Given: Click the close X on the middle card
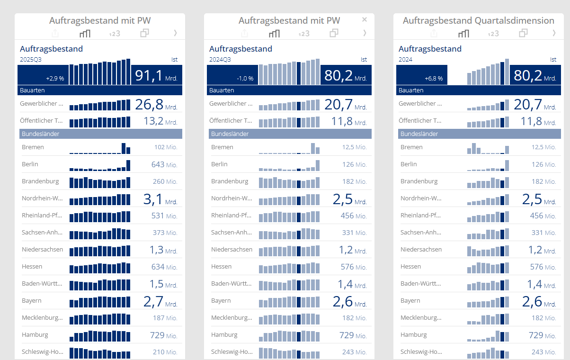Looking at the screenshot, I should [365, 19].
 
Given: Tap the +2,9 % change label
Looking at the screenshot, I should [55, 78].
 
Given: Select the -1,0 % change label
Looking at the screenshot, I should [245, 78].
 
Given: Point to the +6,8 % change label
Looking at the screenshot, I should [434, 78].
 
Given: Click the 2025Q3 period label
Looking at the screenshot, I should [31, 60].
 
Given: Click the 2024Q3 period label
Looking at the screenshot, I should [220, 60].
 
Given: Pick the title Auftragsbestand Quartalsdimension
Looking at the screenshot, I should [478, 20].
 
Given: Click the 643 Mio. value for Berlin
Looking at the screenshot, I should [164, 164].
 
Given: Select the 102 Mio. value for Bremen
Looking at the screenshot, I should [166, 147].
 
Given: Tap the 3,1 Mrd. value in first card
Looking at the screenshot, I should [160, 199].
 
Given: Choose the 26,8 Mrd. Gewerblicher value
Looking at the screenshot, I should [156, 105].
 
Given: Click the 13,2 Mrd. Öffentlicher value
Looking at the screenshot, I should [160, 121].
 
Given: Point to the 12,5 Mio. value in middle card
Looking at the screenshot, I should [354, 147].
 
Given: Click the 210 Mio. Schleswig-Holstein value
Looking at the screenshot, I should [165, 352].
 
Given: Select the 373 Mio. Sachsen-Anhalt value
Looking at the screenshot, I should [165, 233].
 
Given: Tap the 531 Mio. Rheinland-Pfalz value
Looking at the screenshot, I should [165, 216].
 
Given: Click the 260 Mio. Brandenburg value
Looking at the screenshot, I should [165, 181].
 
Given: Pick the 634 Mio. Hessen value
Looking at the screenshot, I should [164, 267].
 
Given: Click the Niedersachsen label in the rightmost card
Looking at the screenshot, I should [421, 249].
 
